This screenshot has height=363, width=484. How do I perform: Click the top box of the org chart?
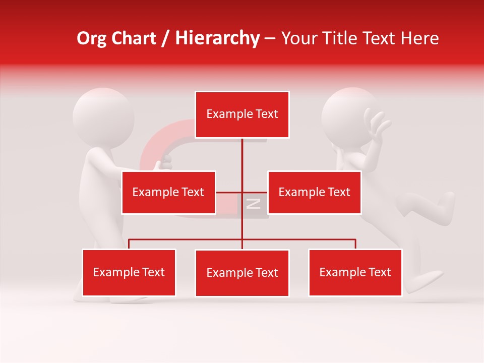click(242, 114)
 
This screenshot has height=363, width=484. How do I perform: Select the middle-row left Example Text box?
click(168, 192)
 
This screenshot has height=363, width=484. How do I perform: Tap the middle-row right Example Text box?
click(314, 192)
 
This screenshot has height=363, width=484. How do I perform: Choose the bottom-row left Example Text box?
click(129, 272)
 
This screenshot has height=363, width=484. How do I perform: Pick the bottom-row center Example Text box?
click(242, 273)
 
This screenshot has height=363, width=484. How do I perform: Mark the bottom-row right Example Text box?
click(355, 272)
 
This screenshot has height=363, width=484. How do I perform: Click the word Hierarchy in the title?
click(217, 38)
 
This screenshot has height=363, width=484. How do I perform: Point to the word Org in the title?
click(91, 38)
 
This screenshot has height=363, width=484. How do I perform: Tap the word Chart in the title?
click(134, 38)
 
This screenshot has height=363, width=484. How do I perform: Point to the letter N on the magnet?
click(253, 204)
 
